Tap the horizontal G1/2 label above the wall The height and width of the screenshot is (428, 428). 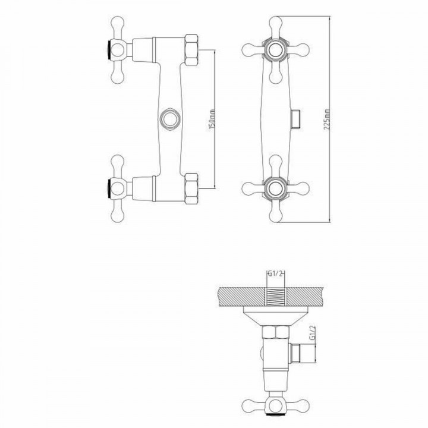click(x=275, y=274)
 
